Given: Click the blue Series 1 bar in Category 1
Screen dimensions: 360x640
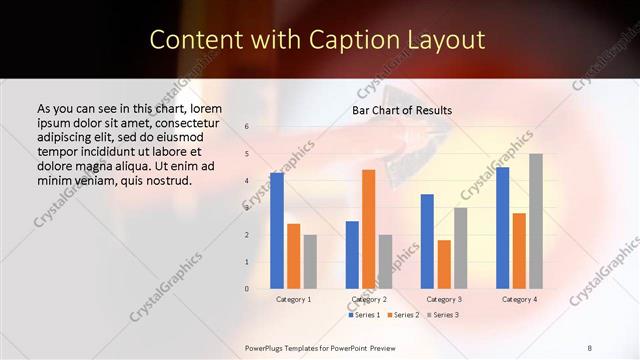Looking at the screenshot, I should click(x=276, y=230).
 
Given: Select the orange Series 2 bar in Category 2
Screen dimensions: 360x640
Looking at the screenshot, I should click(x=368, y=229).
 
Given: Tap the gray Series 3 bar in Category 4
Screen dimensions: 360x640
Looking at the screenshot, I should click(x=535, y=221).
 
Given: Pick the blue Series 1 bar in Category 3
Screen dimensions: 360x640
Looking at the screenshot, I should click(x=427, y=241).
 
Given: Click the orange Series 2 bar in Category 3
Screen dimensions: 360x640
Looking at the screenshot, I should click(x=444, y=264).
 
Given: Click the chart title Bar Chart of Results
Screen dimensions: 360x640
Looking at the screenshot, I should click(x=402, y=110).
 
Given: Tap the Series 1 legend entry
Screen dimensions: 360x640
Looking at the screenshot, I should click(x=364, y=315).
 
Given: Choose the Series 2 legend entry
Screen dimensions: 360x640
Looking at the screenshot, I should click(x=402, y=315).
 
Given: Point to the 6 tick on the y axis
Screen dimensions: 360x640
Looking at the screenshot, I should click(x=247, y=127).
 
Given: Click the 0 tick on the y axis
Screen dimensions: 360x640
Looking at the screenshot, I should click(x=247, y=289).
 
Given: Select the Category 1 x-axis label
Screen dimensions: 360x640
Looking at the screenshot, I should click(x=293, y=299).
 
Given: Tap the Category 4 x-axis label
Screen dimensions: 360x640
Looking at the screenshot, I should click(x=519, y=299).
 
